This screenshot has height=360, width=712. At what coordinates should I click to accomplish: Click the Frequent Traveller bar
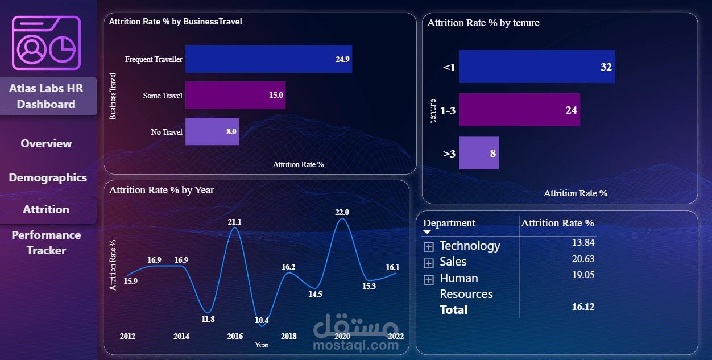[268, 59]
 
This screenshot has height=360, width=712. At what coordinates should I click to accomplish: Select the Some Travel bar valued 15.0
[235, 95]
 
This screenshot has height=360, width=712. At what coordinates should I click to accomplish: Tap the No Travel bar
[212, 131]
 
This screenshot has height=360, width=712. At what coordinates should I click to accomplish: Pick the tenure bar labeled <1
[536, 67]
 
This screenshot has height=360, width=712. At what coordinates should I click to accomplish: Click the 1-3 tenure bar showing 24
[519, 110]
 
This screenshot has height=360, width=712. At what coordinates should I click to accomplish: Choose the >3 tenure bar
[478, 153]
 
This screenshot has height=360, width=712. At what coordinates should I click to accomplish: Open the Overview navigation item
[47, 143]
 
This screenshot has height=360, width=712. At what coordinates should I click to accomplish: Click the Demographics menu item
[48, 177]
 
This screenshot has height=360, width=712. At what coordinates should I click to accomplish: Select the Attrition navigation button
[47, 209]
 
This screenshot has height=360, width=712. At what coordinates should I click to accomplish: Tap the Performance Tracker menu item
[47, 243]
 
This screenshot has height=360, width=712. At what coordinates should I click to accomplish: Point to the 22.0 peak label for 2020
[342, 212]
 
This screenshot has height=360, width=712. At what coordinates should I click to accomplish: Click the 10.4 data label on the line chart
[262, 320]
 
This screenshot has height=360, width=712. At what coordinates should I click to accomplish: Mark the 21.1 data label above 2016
[235, 222]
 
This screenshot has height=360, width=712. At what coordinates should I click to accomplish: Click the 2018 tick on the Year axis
[289, 336]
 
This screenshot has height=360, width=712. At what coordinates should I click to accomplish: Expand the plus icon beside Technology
[429, 247]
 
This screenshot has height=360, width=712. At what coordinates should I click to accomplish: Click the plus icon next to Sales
[429, 263]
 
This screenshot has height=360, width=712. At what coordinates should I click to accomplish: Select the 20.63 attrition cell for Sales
[583, 259]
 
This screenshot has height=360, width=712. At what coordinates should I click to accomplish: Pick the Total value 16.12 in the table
[583, 307]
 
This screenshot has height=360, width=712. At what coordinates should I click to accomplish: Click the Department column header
[449, 223]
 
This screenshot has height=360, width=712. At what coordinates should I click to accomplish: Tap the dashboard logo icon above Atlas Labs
[47, 43]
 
